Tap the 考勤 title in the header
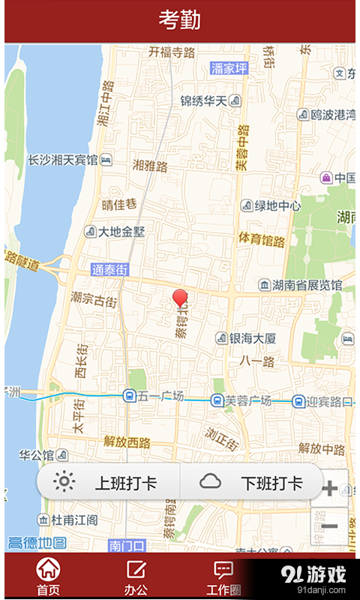pos(179,20)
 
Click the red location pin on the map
pos(180,298)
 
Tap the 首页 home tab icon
pos(49,569)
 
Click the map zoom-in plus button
pos(329,489)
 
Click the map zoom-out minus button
pos(329,526)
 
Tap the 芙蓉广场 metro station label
pos(241,400)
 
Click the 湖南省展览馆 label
pos(300,285)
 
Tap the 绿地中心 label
pos(271,205)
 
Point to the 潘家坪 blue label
pos(229,68)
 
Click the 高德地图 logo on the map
pos(37,543)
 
